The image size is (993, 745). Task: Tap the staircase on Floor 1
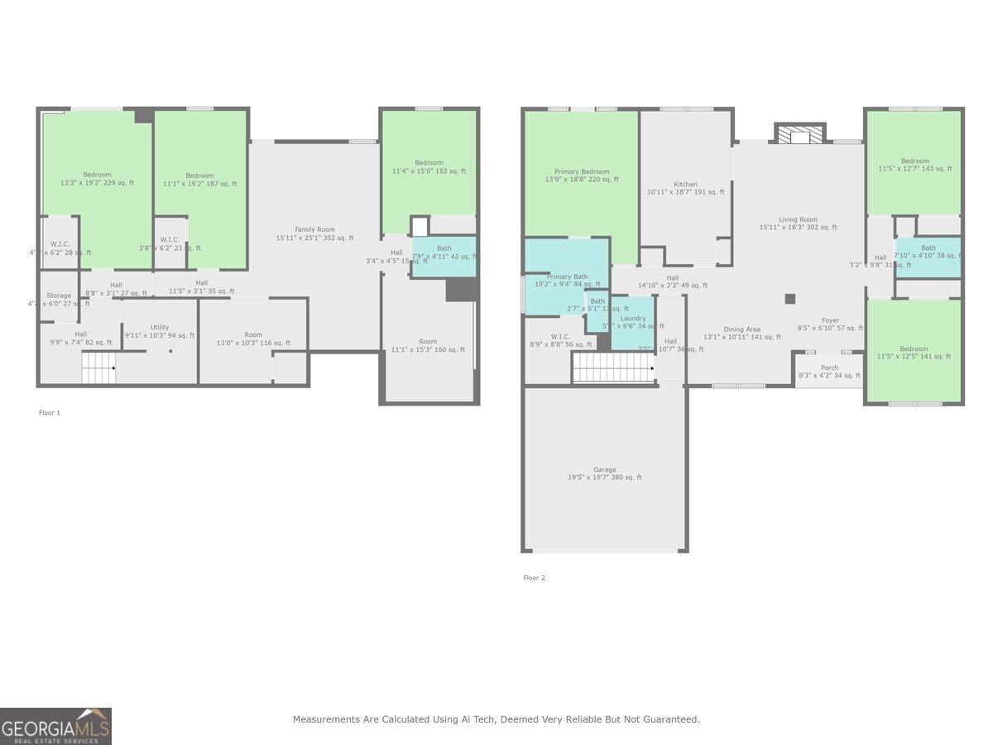pyautogui.click(x=98, y=367)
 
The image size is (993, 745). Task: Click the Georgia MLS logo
pyautogui.click(x=55, y=726)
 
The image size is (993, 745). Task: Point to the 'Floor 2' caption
pyautogui.click(x=534, y=578)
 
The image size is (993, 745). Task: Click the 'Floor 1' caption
pyautogui.click(x=50, y=412)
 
